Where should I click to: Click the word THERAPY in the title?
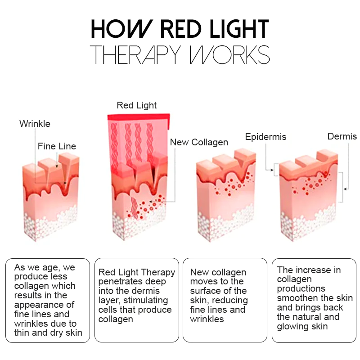pos(135,54)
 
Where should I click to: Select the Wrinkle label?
pos(35,123)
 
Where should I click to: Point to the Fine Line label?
pos(57,146)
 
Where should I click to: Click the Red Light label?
pos(137,105)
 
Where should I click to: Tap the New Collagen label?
pos(199,142)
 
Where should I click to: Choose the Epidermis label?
pos(265,136)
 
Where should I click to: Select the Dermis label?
pos(342,136)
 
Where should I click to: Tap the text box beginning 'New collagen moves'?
pos(225,300)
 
